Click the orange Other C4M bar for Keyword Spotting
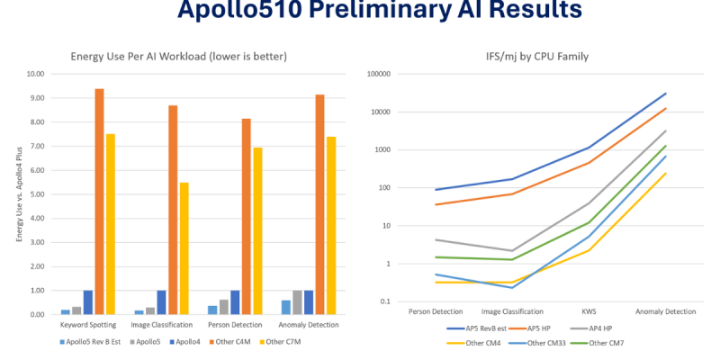99,202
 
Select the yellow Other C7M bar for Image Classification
184,248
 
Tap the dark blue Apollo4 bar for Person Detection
235,302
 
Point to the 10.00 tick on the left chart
35,74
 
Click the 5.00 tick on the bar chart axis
37,194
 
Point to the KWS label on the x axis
589,311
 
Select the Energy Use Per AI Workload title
179,56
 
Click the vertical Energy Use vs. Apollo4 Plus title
19,193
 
